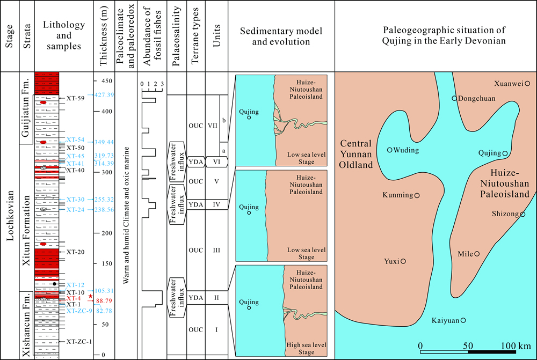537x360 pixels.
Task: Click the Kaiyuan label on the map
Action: click(x=445, y=321)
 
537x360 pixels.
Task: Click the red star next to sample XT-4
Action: click(x=91, y=296)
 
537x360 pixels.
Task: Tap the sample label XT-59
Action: click(x=76, y=99)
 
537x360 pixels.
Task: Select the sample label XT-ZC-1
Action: click(x=79, y=341)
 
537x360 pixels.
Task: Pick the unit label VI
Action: click(x=216, y=161)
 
